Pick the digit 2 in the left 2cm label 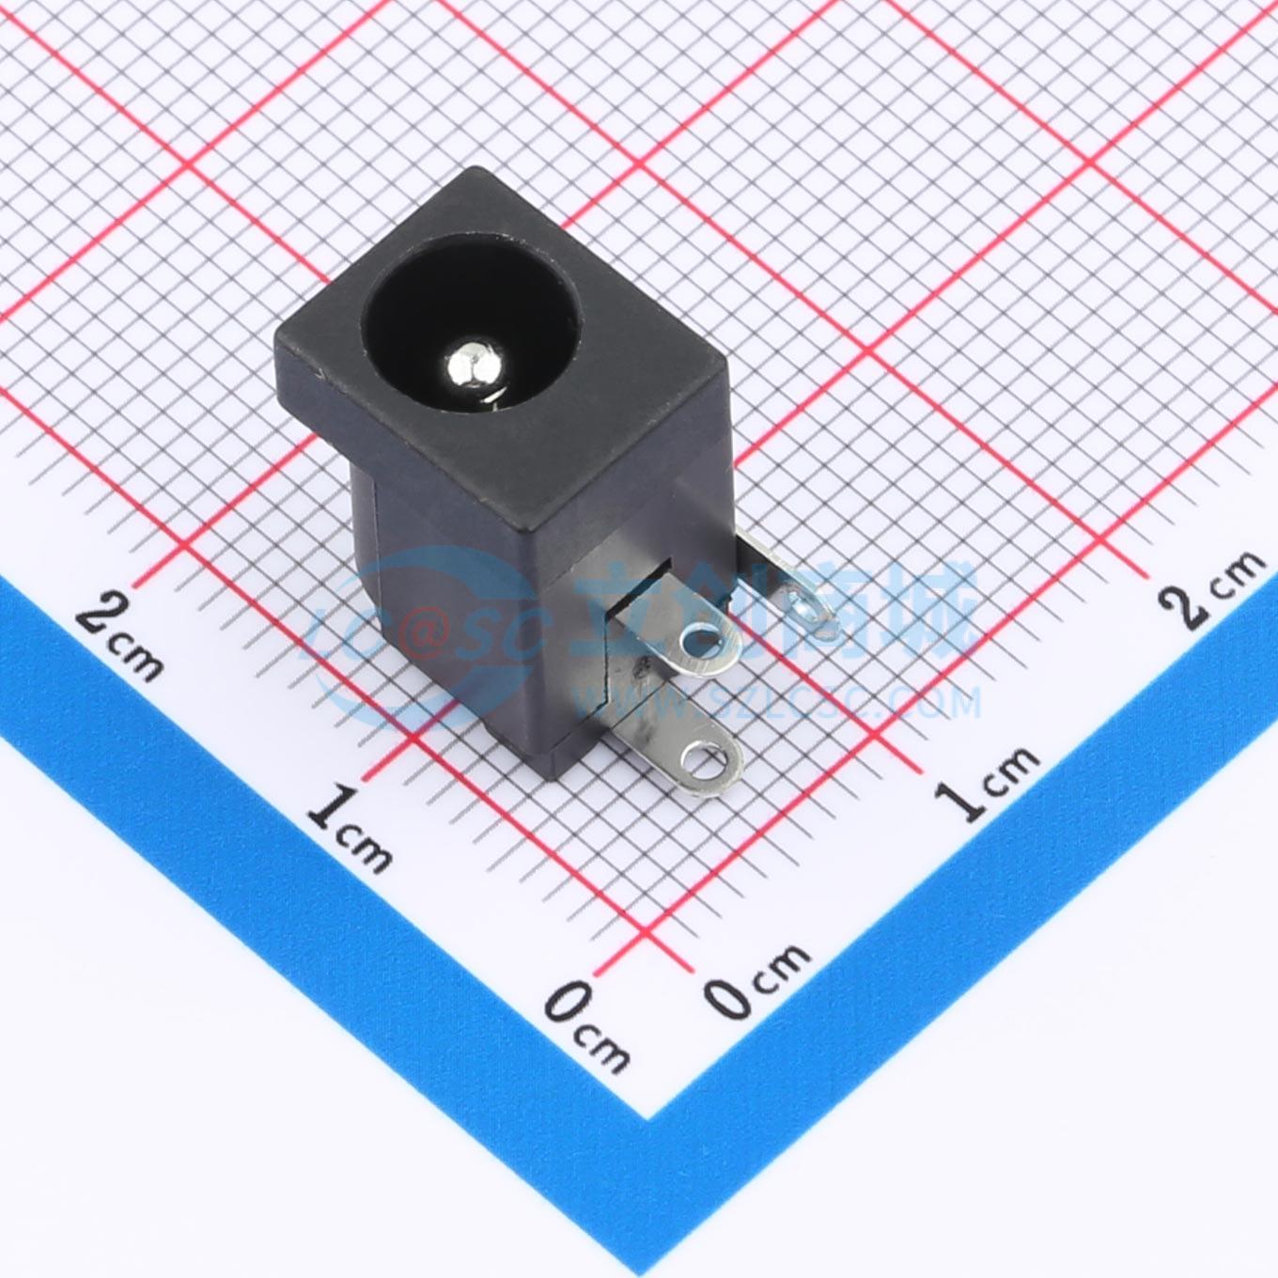point(100,615)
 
